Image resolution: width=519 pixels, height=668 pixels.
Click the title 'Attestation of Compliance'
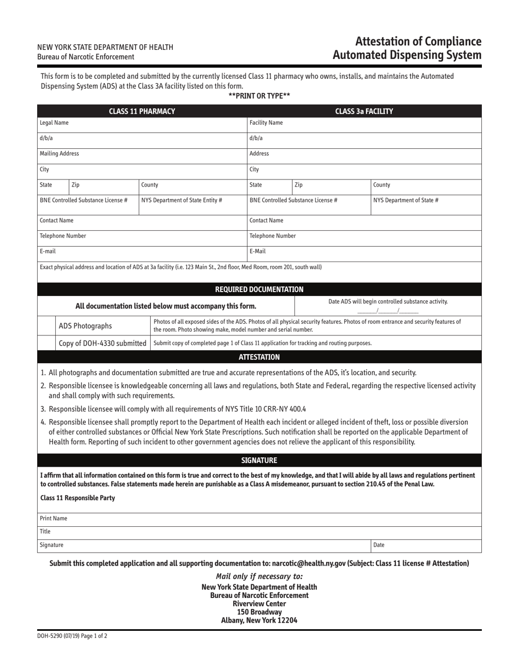click(x=418, y=42)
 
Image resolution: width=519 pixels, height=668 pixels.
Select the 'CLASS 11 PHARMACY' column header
click(x=142, y=111)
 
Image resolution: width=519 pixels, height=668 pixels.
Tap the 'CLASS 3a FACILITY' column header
click(x=364, y=111)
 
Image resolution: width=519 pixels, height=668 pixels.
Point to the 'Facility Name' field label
click(x=266, y=123)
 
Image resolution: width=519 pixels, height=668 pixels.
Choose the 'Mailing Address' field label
click(x=59, y=154)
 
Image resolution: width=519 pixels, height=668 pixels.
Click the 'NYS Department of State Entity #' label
click(x=181, y=200)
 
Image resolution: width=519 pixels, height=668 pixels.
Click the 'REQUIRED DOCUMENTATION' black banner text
click(x=259, y=289)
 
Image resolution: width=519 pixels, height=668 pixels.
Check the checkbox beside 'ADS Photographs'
click(x=46, y=326)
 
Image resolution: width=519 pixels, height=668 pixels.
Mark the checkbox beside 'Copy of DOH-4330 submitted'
click(x=46, y=343)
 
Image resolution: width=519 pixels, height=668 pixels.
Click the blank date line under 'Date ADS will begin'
click(x=387, y=310)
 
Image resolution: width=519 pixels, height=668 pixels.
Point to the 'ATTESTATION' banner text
click(x=259, y=357)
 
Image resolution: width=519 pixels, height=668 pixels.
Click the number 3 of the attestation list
click(x=43, y=409)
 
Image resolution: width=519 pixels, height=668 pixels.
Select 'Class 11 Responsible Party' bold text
click(x=78, y=498)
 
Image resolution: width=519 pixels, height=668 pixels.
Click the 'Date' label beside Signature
click(x=379, y=545)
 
